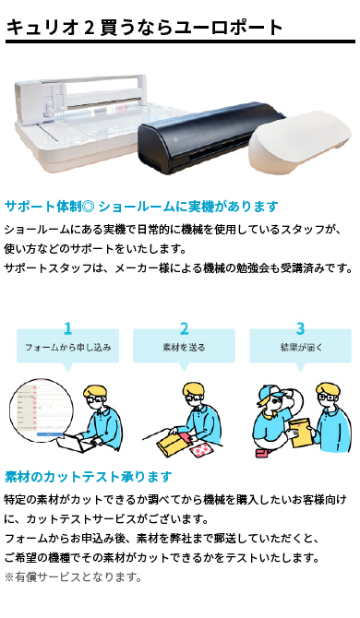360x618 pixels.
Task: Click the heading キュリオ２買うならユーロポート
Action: point(145,27)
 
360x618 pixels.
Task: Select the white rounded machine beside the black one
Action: point(300,144)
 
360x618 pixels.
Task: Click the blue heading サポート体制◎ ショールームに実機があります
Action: point(141,206)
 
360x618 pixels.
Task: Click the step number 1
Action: point(67,328)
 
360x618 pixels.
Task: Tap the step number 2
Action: point(184,328)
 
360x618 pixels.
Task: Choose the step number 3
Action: point(300,328)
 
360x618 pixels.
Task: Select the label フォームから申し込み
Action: point(67,347)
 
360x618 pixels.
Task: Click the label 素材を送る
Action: point(184,347)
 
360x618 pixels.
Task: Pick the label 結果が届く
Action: point(301,347)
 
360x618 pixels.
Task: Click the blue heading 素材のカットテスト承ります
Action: point(89,477)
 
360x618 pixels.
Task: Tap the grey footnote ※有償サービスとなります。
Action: point(73,577)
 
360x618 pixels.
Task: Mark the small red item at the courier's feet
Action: point(263,453)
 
